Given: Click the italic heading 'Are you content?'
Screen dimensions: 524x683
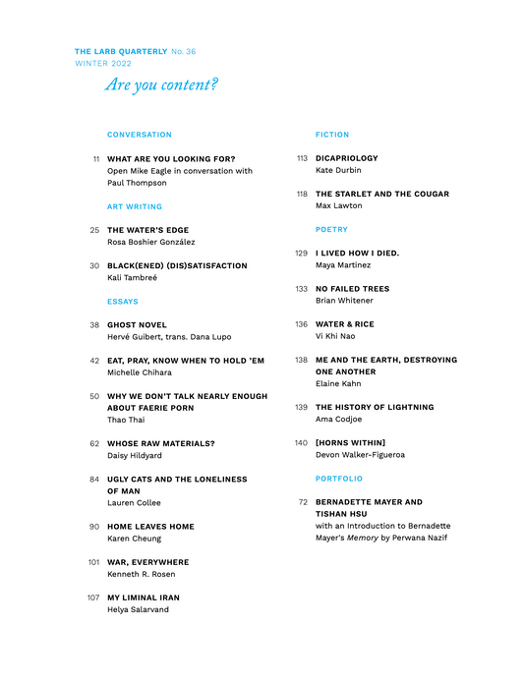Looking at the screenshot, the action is click(161, 85).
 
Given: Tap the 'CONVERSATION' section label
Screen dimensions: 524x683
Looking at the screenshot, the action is click(139, 135).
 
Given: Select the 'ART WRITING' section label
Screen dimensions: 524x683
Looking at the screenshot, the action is click(135, 207).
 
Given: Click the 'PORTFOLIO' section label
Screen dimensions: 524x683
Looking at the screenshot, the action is click(339, 479).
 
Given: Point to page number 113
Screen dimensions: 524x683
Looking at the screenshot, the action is click(302, 158).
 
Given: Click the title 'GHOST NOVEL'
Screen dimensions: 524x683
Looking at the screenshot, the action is click(137, 324).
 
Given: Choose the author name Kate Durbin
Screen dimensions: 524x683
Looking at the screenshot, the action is click(338, 170).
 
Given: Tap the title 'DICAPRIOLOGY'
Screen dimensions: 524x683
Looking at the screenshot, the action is click(346, 158).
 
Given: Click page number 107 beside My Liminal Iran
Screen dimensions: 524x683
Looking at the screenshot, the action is click(93, 598).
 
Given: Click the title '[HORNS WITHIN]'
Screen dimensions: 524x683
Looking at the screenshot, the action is click(350, 443).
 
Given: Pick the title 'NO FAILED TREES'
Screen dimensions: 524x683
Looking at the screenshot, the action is click(352, 289).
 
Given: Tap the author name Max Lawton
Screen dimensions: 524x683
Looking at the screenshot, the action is click(339, 205).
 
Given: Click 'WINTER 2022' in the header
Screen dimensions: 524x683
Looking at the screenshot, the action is click(103, 63).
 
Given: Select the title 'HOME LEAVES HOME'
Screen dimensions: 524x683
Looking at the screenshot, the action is click(150, 527).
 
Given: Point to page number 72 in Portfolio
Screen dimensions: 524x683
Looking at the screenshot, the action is click(303, 502).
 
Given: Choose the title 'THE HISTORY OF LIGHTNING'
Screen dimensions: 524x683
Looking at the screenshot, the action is click(375, 407).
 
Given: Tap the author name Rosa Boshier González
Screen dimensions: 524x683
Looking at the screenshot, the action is click(150, 243).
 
